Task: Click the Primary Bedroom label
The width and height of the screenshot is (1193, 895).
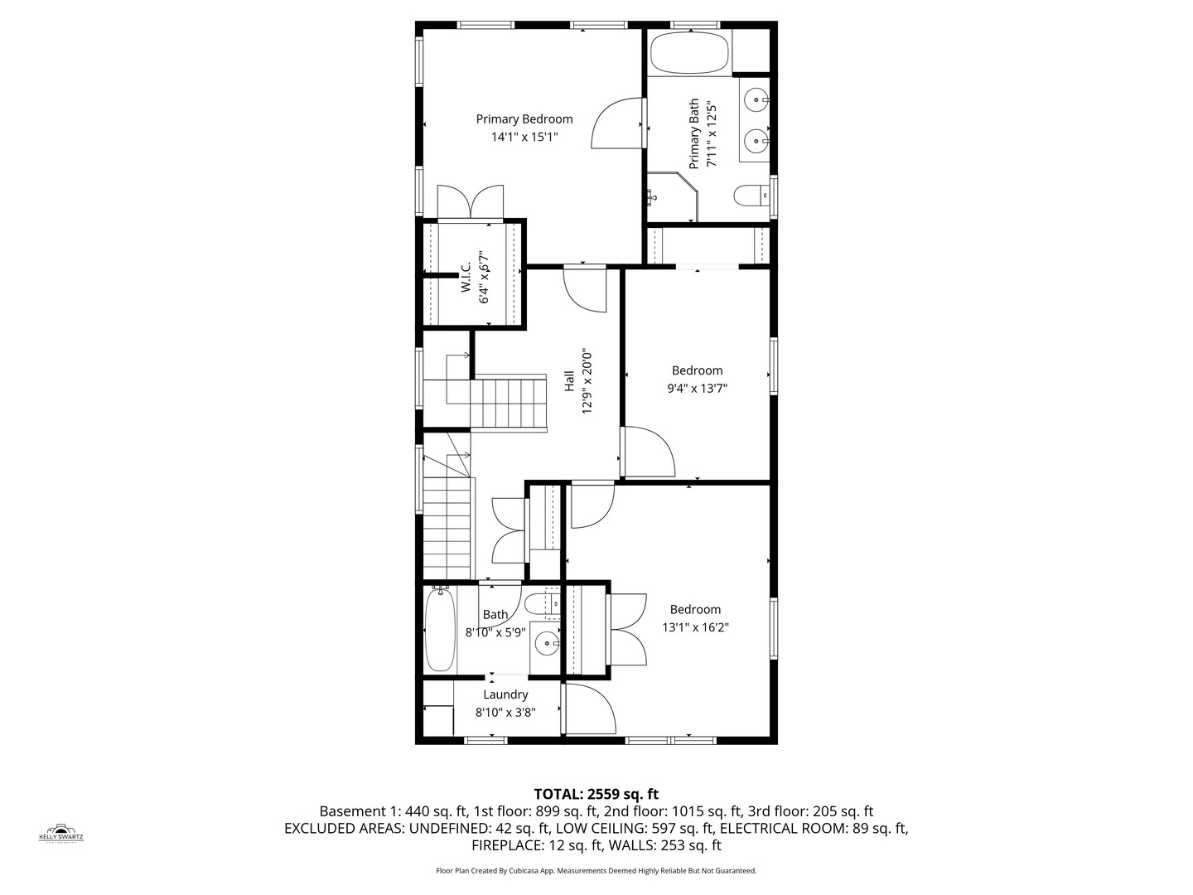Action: click(524, 119)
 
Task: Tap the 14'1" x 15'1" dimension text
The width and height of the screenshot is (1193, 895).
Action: click(524, 137)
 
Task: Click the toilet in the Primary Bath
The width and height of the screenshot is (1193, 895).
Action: click(751, 196)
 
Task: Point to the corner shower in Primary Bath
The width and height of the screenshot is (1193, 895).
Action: click(669, 197)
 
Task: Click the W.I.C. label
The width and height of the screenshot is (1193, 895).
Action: click(466, 277)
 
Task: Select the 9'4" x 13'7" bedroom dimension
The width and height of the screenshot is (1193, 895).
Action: click(697, 388)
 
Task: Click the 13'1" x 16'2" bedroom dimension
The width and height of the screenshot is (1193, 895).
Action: click(695, 627)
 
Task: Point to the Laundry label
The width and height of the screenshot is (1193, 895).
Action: click(505, 694)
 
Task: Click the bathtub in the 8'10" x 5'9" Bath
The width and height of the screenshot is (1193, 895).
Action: click(440, 630)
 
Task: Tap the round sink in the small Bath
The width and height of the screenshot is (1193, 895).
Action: click(546, 642)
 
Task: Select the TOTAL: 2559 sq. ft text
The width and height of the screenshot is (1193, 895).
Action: click(596, 794)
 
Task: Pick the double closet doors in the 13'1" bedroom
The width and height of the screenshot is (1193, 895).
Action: click(628, 629)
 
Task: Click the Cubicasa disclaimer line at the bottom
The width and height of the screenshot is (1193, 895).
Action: click(596, 871)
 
